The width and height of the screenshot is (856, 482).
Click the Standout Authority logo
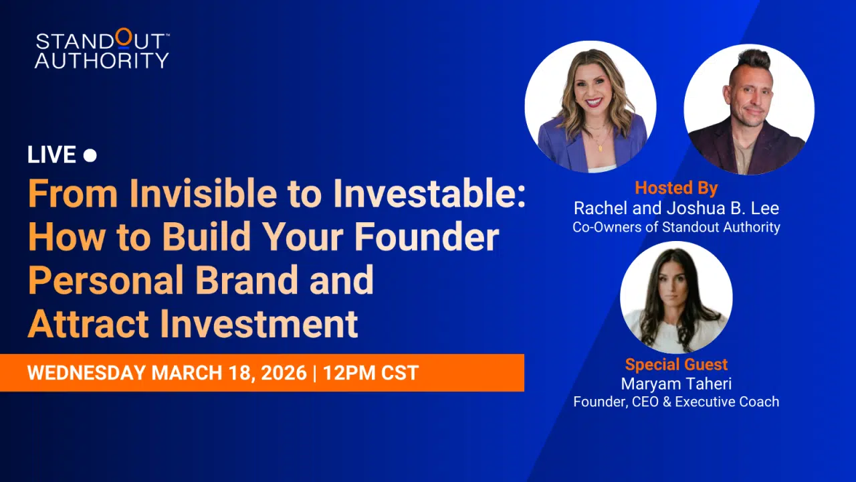102,49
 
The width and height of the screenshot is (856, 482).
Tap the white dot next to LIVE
90,155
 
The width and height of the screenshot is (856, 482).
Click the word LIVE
51,155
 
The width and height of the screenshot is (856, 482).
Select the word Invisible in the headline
203,193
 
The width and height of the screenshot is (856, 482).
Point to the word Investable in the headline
429,193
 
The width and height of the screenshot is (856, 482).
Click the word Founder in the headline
427,237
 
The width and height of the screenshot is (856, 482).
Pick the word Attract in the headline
88,324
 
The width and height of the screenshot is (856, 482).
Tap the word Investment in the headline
259,324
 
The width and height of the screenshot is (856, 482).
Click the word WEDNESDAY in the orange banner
86,373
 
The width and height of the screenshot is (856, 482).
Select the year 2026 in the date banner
284,373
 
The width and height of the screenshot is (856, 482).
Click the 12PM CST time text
371,373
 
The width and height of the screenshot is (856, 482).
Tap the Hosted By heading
676,188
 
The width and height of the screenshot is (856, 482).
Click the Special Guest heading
676,365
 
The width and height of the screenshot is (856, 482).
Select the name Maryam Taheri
676,384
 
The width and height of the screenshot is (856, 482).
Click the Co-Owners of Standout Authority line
676,227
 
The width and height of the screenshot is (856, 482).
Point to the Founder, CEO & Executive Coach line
676,402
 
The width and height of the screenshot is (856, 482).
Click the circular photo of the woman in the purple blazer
591,106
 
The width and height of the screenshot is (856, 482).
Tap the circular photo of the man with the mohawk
749,109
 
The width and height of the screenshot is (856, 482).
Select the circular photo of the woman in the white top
676,297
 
